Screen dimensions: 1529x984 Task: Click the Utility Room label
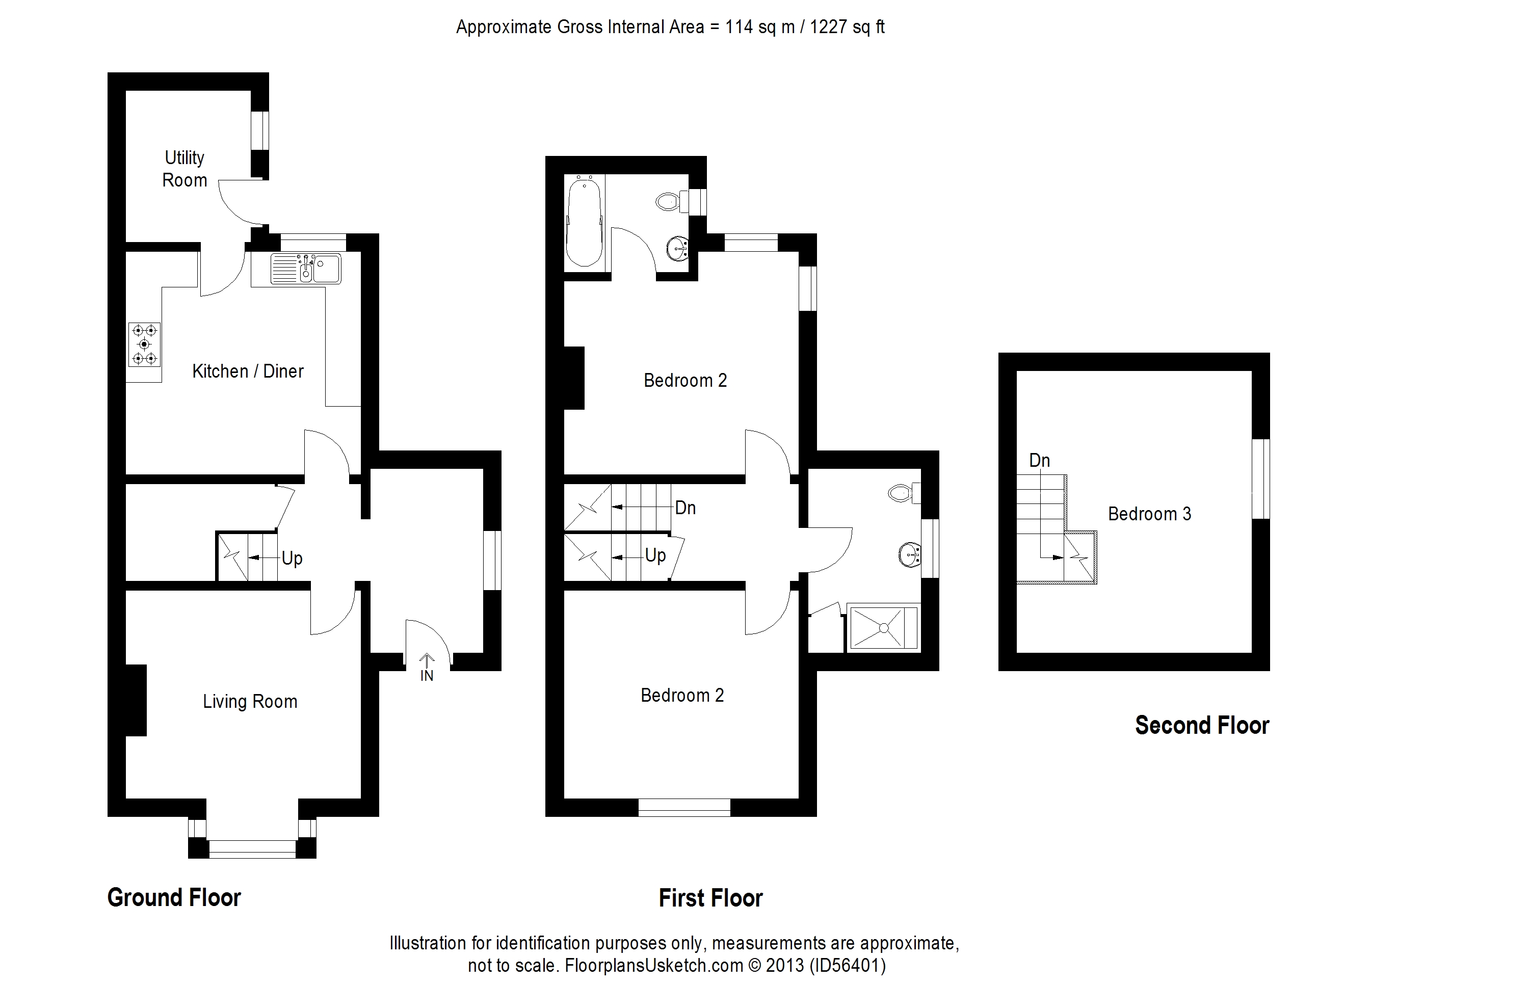pyautogui.click(x=184, y=169)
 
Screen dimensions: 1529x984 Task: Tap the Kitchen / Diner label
pyautogui.click(x=248, y=371)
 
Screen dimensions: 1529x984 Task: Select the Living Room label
pyautogui.click(x=250, y=702)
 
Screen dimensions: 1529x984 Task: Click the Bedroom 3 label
pyautogui.click(x=1149, y=514)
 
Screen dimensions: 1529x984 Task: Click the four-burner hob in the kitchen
pyautogui.click(x=144, y=344)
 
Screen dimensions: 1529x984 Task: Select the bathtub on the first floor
pyautogui.click(x=584, y=221)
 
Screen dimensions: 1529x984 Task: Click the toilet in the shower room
pyautogui.click(x=903, y=493)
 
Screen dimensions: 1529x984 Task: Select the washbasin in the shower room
pyautogui.click(x=909, y=554)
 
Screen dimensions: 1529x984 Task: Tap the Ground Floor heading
pyautogui.click(x=174, y=898)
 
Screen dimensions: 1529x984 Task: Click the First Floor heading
pyautogui.click(x=710, y=898)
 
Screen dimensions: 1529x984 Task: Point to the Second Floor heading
pyautogui.click(x=1201, y=725)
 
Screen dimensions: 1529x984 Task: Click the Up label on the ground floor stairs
pyautogui.click(x=292, y=558)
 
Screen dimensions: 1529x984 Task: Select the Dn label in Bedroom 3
pyautogui.click(x=1039, y=460)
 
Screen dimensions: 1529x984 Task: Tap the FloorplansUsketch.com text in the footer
pyautogui.click(x=653, y=965)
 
